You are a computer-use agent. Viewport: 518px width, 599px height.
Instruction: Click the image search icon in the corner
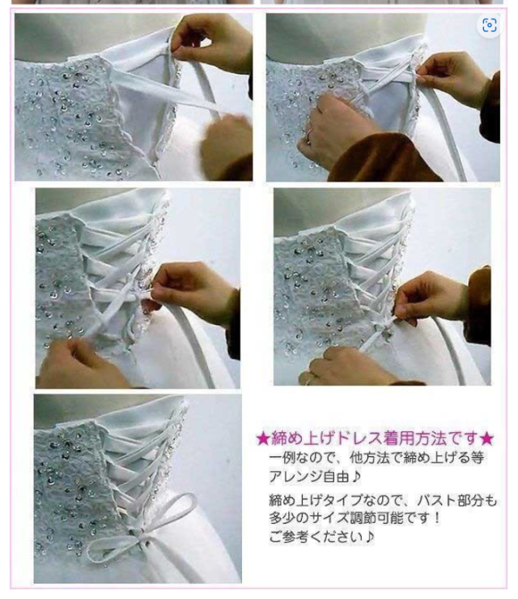point(490,25)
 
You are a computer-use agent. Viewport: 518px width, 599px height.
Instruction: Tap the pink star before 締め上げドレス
point(263,439)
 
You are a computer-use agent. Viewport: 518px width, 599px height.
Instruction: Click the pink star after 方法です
point(486,439)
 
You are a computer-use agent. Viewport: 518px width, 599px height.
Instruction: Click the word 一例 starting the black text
point(282,458)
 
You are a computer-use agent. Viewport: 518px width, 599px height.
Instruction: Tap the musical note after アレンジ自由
point(356,476)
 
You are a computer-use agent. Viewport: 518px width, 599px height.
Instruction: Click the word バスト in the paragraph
point(437,500)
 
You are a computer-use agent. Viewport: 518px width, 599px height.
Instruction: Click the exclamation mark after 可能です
point(436,518)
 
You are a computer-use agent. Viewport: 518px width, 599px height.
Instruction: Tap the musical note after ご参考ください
point(369,537)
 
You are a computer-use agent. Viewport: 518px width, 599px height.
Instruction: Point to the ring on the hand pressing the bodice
point(308,135)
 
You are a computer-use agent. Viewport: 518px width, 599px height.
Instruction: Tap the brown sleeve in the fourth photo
point(479,306)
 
